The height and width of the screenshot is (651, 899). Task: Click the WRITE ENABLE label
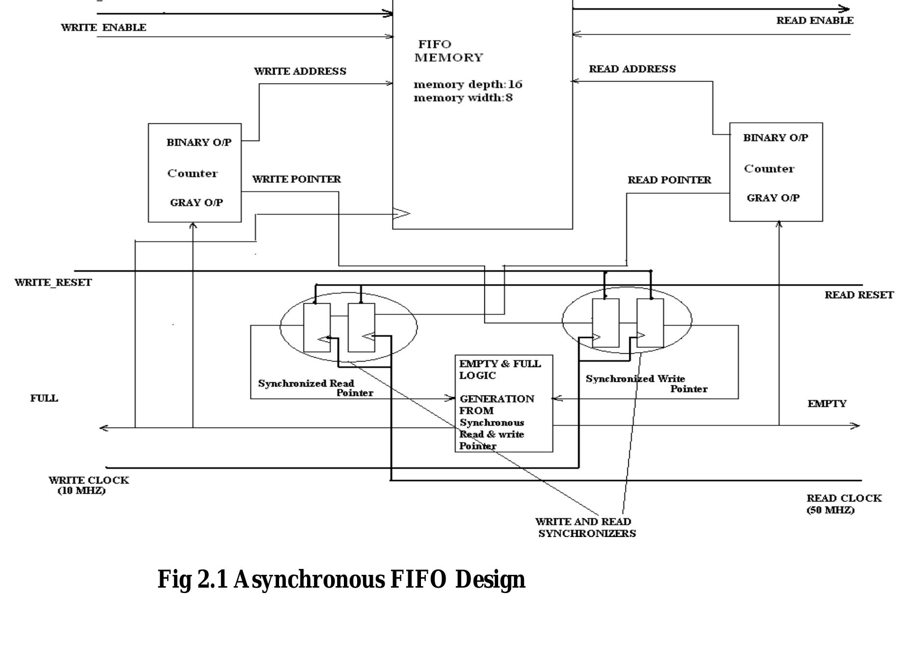103,28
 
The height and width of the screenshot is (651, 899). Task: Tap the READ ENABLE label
815,21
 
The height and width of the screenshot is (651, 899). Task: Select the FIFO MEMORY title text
448,51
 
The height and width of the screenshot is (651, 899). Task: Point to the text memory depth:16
468,85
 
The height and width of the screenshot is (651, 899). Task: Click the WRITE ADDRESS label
300,71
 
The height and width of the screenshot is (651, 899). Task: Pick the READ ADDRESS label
632,69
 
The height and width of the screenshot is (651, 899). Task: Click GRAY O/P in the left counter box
196,202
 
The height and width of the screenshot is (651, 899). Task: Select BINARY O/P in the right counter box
775,138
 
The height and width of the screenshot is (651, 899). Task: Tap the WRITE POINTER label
296,179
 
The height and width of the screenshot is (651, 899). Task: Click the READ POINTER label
669,180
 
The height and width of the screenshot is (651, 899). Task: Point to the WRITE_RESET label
53,283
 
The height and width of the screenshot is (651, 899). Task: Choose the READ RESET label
858,295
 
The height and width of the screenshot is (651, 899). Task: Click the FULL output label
44,398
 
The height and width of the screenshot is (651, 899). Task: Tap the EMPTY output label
827,404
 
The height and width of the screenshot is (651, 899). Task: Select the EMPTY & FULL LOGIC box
504,403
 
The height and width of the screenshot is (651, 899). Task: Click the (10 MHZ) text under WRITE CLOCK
82,491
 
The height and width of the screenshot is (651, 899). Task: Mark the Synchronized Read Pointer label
314,388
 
